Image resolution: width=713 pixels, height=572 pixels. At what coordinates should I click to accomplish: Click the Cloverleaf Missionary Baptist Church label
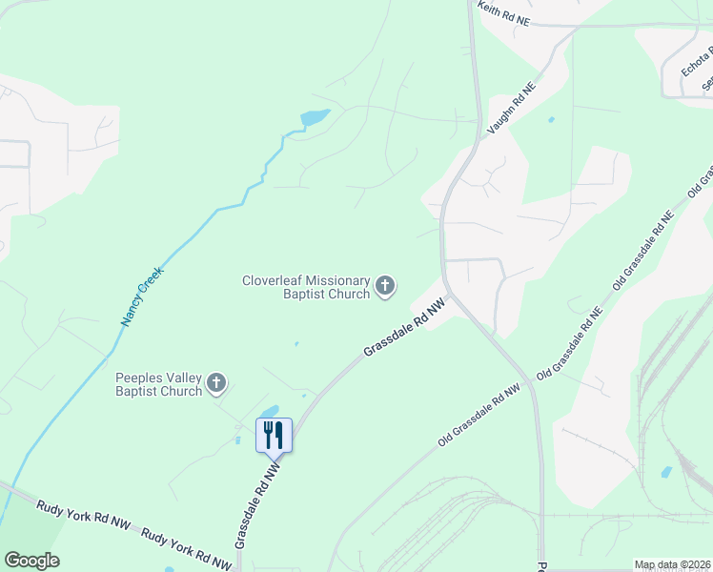(306, 287)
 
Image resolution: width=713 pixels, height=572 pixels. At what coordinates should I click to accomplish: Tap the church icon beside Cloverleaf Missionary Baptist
(385, 286)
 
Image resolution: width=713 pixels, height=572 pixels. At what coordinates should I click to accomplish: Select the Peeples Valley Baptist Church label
(159, 383)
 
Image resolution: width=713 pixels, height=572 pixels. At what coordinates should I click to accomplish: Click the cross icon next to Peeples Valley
(216, 383)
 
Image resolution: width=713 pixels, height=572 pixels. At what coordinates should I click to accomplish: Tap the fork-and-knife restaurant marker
(274, 435)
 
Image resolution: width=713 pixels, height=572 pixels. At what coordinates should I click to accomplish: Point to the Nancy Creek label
(143, 296)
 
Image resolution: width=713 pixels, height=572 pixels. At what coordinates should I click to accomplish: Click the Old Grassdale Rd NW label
(479, 416)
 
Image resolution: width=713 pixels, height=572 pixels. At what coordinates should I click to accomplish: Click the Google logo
(31, 561)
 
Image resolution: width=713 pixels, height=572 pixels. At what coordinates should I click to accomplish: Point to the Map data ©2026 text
(672, 564)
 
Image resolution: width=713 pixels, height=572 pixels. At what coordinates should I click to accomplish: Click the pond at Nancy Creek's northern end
(315, 118)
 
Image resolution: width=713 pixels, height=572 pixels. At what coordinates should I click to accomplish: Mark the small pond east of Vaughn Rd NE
(551, 120)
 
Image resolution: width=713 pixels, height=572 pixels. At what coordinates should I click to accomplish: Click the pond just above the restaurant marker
(270, 411)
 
